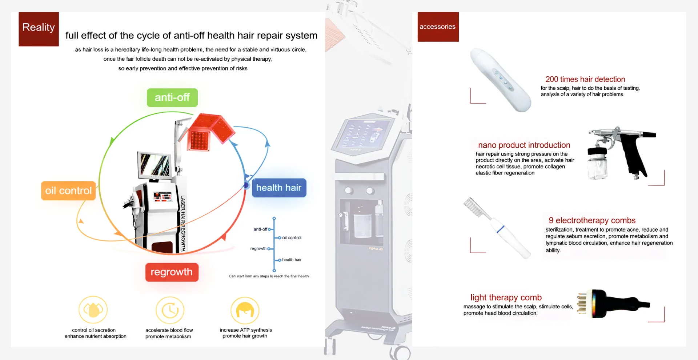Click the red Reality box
39,29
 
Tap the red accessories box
438,27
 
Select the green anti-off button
172,97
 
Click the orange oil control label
68,191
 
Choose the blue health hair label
279,188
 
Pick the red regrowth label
172,272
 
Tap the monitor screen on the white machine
155,165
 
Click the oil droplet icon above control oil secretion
93,310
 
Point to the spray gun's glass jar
597,167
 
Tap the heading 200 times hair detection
585,79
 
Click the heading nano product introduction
524,145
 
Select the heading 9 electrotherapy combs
592,220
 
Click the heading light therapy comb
506,297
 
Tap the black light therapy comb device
614,304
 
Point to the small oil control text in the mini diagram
292,238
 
